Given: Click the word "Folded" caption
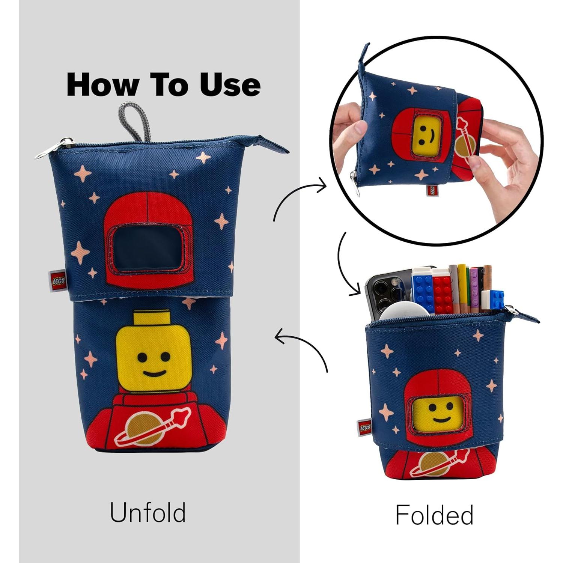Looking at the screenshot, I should coord(434,515).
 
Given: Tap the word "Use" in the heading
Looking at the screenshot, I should coord(230,84).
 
